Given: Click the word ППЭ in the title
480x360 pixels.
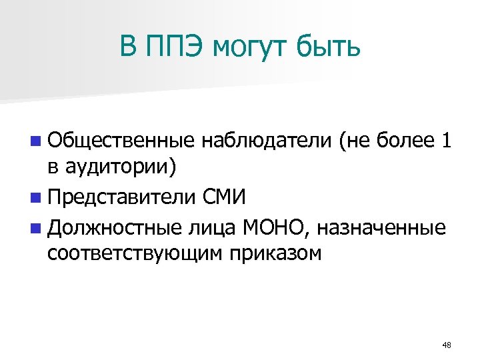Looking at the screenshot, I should (x=175, y=46).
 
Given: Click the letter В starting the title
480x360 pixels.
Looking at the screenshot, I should (x=128, y=46).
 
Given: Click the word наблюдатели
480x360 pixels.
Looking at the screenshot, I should (x=266, y=141).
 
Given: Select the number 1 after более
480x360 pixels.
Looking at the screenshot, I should (x=445, y=141).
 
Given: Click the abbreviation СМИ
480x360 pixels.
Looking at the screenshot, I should (x=225, y=198).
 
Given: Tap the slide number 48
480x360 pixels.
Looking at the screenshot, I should (x=447, y=345).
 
